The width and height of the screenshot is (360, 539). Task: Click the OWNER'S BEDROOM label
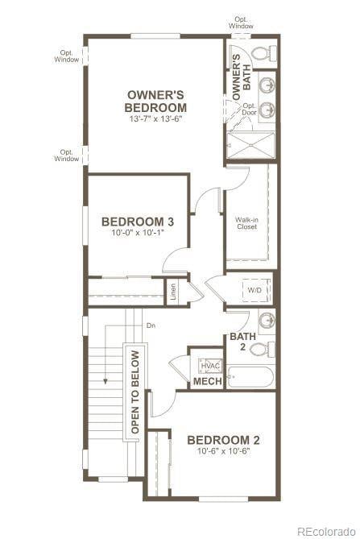click(x=156, y=101)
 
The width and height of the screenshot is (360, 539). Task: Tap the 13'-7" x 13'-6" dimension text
click(x=156, y=119)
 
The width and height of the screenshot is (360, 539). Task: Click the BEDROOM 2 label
click(x=223, y=440)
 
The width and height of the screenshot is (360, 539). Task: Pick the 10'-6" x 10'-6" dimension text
click(x=223, y=452)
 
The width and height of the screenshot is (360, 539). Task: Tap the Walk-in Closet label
click(x=246, y=222)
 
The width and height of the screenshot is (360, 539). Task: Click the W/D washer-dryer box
click(x=254, y=290)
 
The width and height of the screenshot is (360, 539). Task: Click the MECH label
click(x=208, y=381)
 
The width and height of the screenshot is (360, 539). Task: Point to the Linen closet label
click(x=173, y=292)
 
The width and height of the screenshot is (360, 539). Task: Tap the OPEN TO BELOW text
click(x=134, y=392)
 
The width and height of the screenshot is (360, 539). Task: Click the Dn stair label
click(x=151, y=325)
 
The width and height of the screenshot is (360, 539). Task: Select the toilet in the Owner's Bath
click(x=261, y=54)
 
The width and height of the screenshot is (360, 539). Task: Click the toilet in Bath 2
click(x=259, y=349)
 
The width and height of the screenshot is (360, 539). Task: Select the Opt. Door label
click(x=250, y=109)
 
